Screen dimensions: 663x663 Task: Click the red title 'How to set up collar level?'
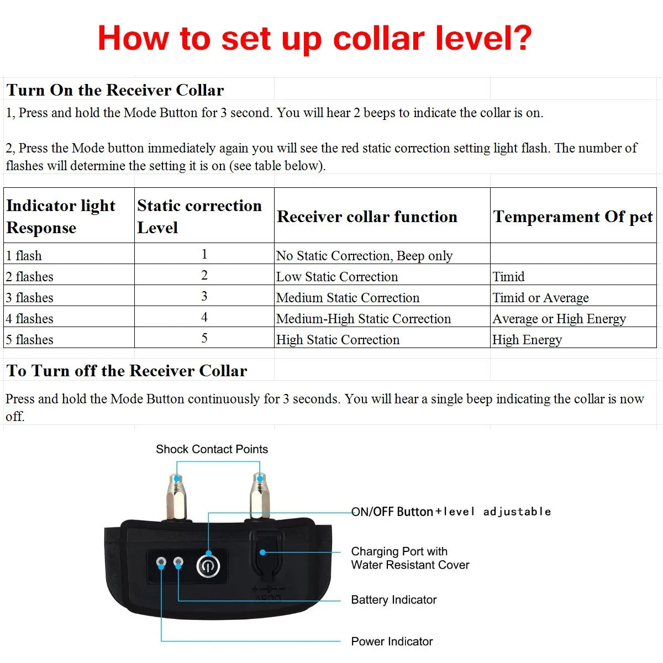(x=314, y=39)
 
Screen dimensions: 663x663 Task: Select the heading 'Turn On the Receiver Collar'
(x=115, y=90)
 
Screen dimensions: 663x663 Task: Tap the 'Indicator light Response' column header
(x=61, y=216)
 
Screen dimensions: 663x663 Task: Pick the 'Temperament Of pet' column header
(x=573, y=217)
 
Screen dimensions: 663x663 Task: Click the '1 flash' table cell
(x=24, y=256)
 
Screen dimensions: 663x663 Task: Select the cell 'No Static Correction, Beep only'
(x=364, y=256)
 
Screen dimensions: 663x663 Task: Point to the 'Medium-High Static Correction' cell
(x=364, y=319)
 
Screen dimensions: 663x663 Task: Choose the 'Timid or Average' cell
(x=540, y=298)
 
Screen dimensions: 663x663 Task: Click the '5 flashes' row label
(x=29, y=340)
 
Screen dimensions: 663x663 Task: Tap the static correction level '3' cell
(x=204, y=296)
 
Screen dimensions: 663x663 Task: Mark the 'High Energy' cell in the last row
(x=527, y=340)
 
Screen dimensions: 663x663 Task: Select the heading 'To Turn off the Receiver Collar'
(x=127, y=371)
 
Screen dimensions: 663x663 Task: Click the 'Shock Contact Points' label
(x=212, y=449)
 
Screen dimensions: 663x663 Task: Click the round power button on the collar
(x=208, y=566)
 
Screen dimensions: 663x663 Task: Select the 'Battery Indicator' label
(x=394, y=600)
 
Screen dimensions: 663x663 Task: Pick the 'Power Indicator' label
(x=392, y=641)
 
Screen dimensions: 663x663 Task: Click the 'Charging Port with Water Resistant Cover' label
(x=410, y=558)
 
